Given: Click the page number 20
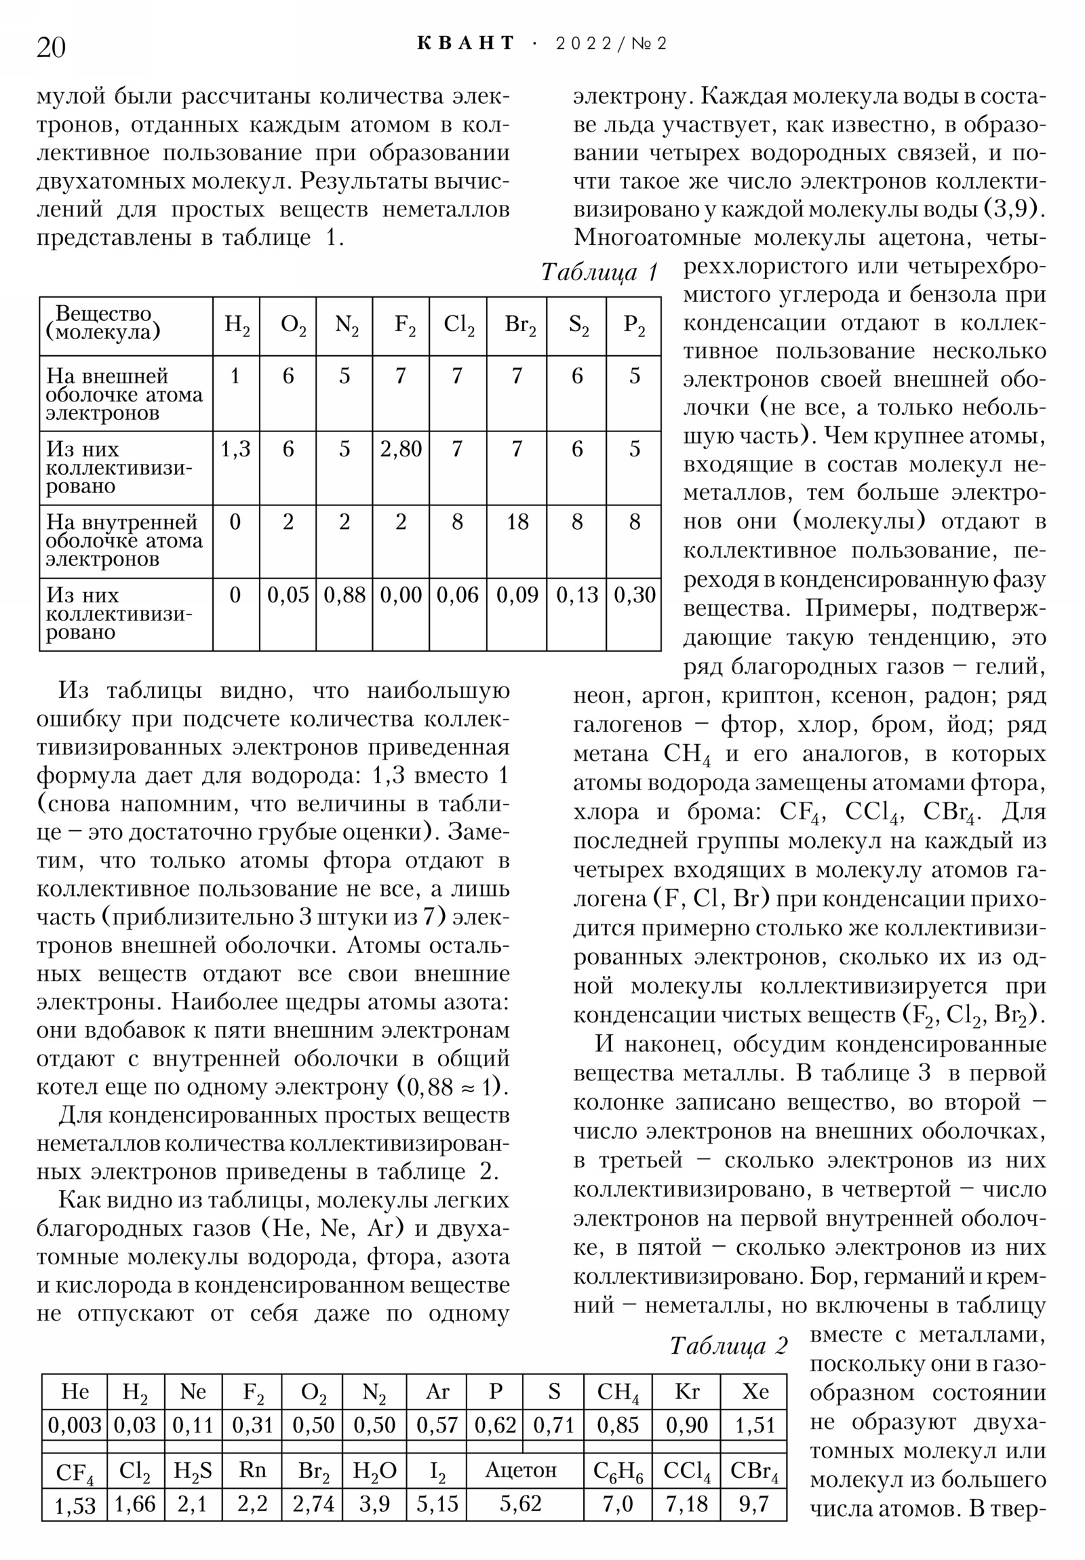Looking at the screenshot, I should tap(51, 47).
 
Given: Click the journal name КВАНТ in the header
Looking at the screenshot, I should tap(466, 43).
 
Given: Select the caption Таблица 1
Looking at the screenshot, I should tap(600, 273).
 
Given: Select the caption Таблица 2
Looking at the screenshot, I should tap(728, 1345).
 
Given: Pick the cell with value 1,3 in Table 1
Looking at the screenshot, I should tap(235, 449).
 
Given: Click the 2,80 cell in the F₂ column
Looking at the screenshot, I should tap(400, 449).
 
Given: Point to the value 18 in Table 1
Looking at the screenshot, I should tap(516, 522).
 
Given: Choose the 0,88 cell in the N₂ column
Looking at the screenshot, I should tap(344, 596).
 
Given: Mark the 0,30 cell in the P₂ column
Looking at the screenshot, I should tap(634, 596).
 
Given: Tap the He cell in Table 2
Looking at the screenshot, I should tap(75, 1392).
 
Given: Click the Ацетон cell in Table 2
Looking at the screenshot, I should tap(520, 1470).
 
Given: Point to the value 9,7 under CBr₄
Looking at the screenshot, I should tap(753, 1504).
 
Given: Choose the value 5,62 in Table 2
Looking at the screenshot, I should tap(520, 1504).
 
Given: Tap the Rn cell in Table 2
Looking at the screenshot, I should tap(252, 1470).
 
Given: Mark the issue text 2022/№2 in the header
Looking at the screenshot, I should tap(611, 44).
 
